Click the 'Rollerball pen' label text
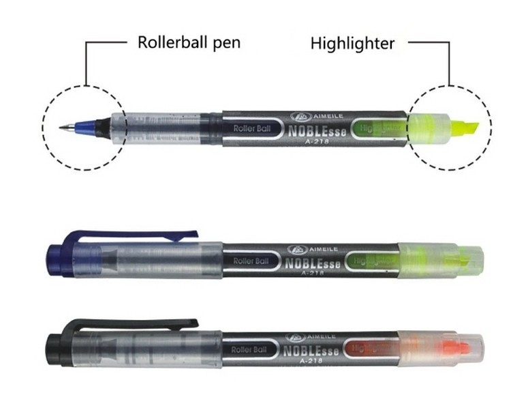pos(189,43)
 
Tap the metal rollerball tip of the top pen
pos(62,127)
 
